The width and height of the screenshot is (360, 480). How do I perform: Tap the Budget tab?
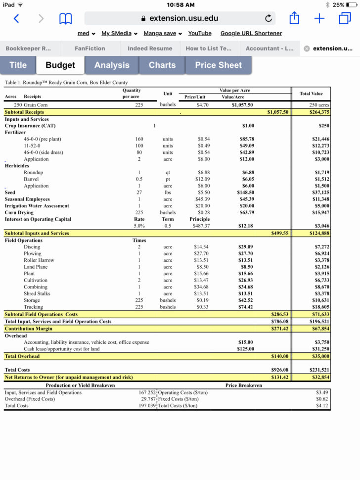coord(60,65)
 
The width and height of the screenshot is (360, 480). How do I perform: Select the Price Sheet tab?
coord(218,65)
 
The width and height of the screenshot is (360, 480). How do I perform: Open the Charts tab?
coord(162,65)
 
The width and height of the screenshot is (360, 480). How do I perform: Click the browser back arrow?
coord(16,19)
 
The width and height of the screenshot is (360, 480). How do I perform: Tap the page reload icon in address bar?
coord(268,19)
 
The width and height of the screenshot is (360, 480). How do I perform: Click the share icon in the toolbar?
coord(294,19)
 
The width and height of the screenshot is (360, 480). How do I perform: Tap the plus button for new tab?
coord(319,19)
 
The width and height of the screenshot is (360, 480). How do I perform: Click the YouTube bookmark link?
coord(200,33)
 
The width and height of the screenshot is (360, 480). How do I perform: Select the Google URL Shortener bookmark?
coord(251,33)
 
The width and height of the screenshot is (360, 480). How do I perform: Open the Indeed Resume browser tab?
coord(150,48)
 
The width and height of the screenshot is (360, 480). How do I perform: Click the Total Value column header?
coord(311,94)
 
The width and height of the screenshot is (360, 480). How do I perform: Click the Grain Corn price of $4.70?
coord(202,105)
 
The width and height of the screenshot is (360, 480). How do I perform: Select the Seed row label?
coord(10,192)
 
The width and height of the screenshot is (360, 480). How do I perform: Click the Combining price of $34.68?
coord(201,287)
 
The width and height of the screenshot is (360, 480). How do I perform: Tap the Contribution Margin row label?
coord(29,329)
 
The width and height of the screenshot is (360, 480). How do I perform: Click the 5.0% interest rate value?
coord(139,226)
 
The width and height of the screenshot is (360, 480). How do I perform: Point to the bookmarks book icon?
coord(65,19)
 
